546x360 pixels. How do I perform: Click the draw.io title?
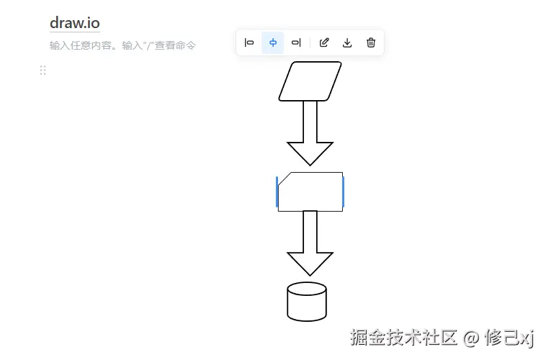tap(75, 22)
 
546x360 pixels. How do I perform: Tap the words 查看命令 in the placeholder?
tap(174, 45)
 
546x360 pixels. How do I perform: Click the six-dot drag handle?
tap(42, 70)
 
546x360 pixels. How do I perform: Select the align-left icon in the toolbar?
tap(249, 42)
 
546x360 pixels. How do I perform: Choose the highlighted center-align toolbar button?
tap(273, 42)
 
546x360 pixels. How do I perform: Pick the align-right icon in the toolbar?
tap(296, 42)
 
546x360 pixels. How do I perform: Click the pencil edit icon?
tap(324, 42)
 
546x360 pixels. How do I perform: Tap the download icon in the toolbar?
tap(347, 42)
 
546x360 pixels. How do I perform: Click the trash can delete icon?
tap(371, 42)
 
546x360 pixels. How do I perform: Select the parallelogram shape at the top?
tap(310, 81)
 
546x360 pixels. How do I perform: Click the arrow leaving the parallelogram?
tap(310, 133)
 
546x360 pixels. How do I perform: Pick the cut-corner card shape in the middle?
tap(310, 192)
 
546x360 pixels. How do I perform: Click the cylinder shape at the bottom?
tap(307, 302)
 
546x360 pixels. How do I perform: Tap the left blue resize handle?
tap(277, 192)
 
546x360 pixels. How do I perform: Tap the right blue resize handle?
tap(344, 192)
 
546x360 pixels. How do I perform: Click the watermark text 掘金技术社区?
tap(404, 337)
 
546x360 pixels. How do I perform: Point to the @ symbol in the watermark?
tap(471, 338)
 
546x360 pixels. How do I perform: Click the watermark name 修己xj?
tap(509, 337)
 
